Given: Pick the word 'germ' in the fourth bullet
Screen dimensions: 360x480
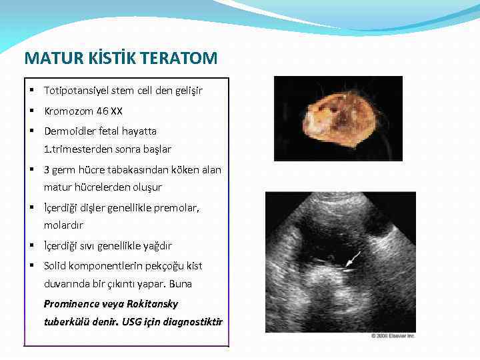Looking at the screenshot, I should click(67, 170).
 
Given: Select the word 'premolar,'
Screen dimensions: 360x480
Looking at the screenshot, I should click(178, 208).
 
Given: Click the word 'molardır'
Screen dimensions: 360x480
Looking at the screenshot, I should click(64, 225).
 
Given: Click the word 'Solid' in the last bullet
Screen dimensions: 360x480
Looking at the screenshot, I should click(55, 266).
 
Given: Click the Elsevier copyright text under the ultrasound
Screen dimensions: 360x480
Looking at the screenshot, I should click(393, 335).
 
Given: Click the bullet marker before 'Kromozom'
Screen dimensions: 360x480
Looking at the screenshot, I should click(32, 111).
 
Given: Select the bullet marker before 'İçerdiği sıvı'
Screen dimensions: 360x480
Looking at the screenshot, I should click(32, 246).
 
